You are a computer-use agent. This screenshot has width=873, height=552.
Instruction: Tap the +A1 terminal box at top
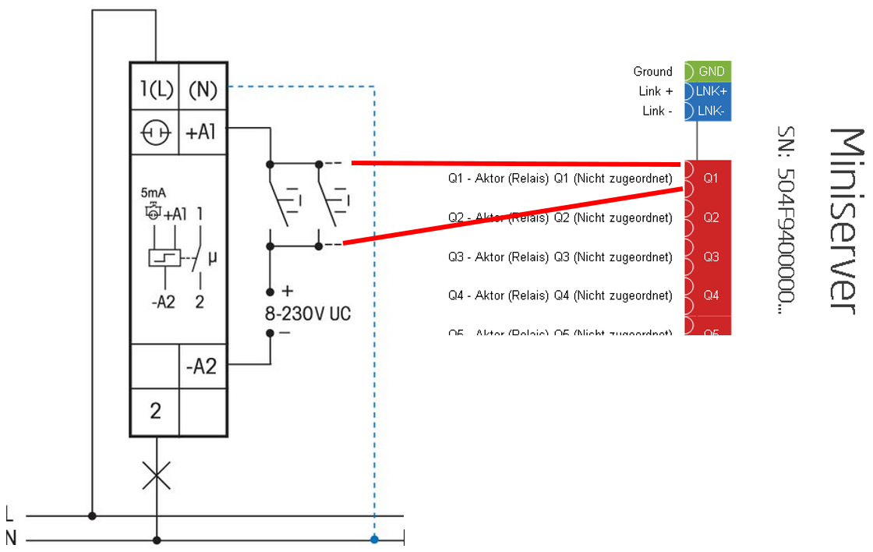tap(203, 133)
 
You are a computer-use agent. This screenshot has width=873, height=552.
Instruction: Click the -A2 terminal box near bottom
tap(203, 365)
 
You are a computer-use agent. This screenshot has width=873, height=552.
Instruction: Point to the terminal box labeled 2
tap(155, 410)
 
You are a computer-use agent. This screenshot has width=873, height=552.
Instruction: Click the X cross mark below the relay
tap(157, 476)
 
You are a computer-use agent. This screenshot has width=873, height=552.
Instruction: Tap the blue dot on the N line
tap(375, 539)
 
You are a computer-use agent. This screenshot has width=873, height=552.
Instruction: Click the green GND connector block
tap(709, 71)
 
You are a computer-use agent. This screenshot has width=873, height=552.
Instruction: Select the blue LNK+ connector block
tap(709, 91)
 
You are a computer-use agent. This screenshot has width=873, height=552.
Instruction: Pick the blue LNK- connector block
tap(709, 111)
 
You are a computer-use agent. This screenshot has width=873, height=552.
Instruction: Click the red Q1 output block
tap(709, 179)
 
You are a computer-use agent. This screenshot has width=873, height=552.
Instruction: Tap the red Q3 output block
tap(709, 257)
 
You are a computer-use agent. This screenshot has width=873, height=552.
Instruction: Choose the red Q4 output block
tap(709, 295)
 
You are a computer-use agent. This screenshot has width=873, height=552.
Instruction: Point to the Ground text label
tap(652, 72)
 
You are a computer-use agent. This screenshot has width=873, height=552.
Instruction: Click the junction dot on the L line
tap(93, 515)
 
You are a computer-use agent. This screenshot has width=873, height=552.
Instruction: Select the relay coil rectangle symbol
tap(164, 259)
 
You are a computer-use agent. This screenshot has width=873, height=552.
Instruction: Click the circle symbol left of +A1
tap(155, 133)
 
